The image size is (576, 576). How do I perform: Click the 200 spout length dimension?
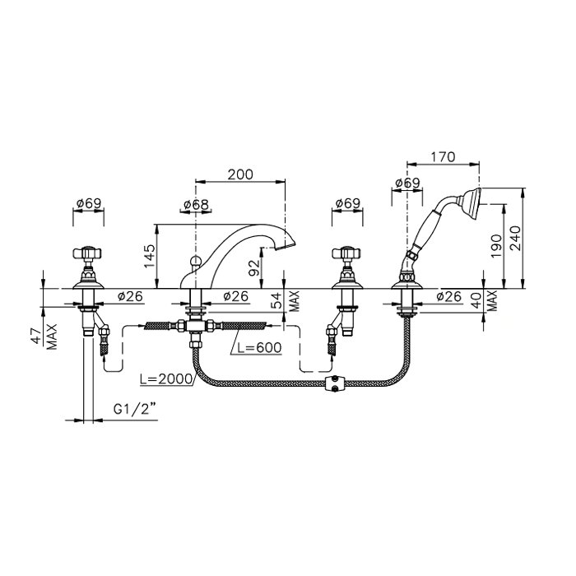(x=239, y=174)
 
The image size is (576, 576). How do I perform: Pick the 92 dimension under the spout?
(x=256, y=267)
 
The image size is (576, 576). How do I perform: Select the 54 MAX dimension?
(x=284, y=300)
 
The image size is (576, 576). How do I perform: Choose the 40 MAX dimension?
(x=482, y=299)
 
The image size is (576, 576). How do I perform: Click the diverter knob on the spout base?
(x=195, y=264)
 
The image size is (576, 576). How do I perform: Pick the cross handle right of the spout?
(x=346, y=255)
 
